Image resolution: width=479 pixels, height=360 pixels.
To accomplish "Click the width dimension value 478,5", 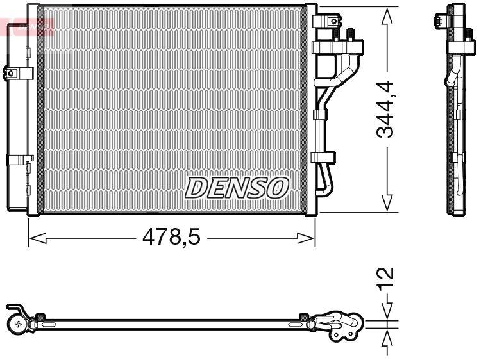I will click(171, 238).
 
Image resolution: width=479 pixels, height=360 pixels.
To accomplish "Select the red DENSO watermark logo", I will click(27, 26).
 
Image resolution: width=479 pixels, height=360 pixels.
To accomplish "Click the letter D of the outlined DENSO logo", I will click(197, 188).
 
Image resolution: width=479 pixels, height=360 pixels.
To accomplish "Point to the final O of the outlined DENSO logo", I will click(277, 188).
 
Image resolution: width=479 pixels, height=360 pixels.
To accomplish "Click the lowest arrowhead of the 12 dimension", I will click(387, 337).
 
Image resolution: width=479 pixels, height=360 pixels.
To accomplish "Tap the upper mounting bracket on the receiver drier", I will click(20, 72).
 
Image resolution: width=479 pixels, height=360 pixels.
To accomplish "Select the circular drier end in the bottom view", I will click(17, 324).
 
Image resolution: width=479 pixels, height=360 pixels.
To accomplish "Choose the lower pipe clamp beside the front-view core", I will click(324, 156).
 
